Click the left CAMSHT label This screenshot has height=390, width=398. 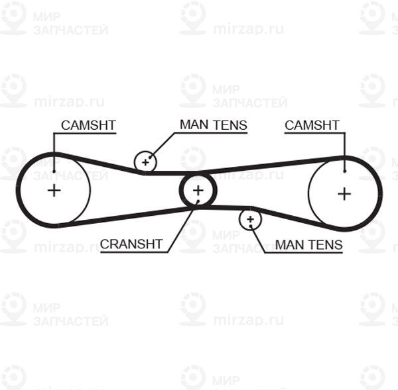click(88, 124)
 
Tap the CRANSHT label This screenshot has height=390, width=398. click(131, 244)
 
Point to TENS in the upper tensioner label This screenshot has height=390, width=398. click(230, 124)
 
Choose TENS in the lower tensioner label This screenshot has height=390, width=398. click(325, 244)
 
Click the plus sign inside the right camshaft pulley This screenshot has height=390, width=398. click(344, 193)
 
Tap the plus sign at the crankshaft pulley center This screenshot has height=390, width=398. click(198, 191)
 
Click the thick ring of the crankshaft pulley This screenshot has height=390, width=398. click(182, 191)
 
